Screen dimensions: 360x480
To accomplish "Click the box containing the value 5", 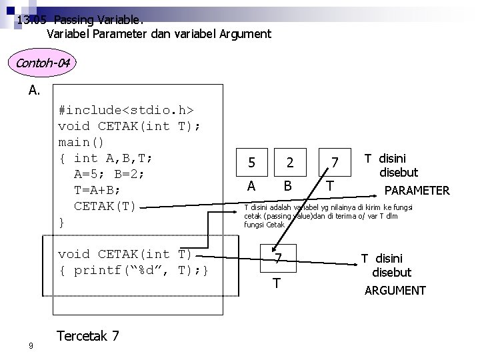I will pos(251,162).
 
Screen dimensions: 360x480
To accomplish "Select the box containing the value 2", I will pos(289,162).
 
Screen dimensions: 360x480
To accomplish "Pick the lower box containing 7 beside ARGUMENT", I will pos(279,257).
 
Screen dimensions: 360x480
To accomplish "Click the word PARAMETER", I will pos(417,191).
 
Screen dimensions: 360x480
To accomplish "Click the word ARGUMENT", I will pos(395,290).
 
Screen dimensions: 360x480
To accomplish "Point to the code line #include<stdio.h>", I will pos(127,109).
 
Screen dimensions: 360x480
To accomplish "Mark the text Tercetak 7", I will pos(89,335).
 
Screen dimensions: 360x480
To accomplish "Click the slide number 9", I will pos(31,345).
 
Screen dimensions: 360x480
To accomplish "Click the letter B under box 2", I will pos(288,185).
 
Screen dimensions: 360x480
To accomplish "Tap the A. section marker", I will pos(35,90).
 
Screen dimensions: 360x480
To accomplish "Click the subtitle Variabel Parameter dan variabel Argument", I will pos(159,33).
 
